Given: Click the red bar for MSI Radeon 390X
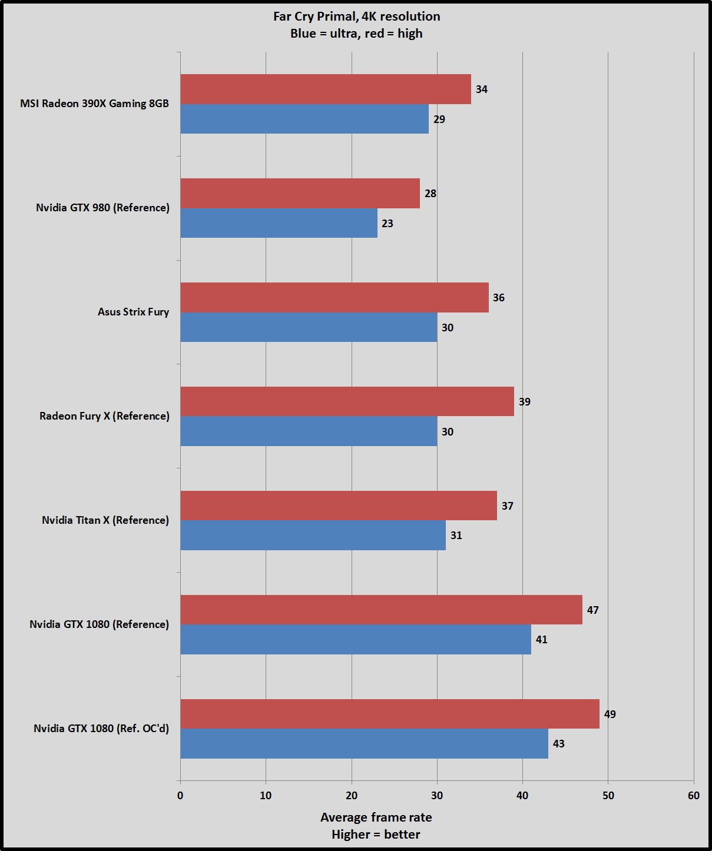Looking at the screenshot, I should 326,89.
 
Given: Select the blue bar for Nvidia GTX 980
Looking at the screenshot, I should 279,223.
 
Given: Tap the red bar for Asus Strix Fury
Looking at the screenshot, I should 335,298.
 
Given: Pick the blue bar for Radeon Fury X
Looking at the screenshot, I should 309,431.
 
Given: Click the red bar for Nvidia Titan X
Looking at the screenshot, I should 339,506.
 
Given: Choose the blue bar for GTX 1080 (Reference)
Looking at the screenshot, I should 356,640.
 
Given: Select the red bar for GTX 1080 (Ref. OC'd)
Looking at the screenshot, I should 390,714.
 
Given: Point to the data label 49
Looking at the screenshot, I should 610,714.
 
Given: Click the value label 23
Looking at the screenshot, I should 388,224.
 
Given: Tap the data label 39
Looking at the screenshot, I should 525,402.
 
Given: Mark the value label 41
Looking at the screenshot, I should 542,640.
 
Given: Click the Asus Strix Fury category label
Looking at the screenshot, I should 133,312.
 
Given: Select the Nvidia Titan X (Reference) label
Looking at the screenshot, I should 105,520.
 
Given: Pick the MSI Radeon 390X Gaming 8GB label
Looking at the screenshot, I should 94,104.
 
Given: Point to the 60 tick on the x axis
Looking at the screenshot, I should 694,796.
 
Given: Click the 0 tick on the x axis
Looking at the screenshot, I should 180,796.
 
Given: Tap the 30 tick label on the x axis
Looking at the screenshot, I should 437,796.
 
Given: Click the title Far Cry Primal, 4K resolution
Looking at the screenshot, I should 357,16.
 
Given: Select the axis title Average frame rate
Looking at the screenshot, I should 376,817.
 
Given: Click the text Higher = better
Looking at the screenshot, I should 376,835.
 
